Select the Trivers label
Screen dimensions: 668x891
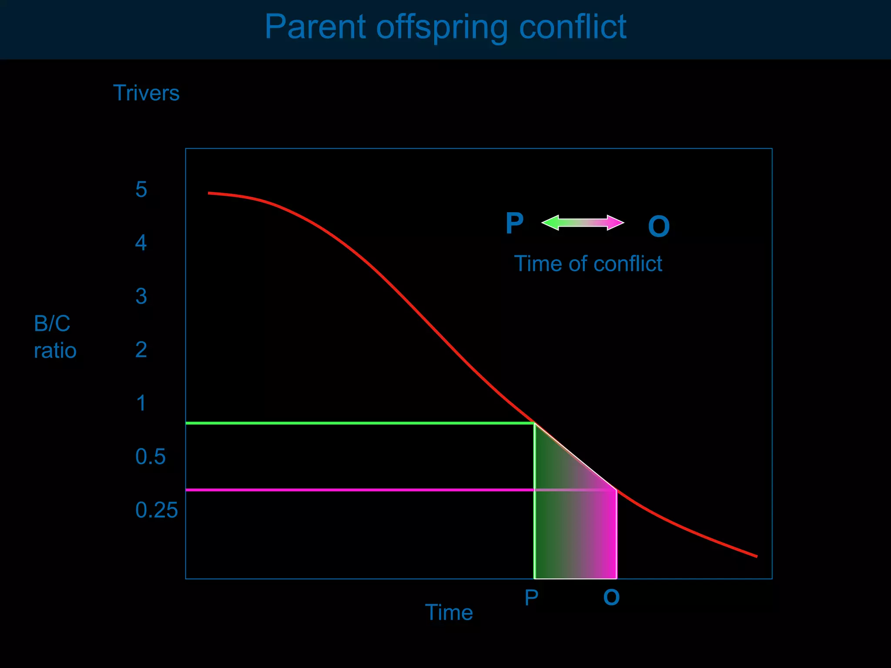coord(146,93)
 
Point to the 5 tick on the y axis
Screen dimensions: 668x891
coord(141,190)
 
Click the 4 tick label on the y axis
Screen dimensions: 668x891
coord(141,243)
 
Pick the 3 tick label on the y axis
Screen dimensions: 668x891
coord(141,297)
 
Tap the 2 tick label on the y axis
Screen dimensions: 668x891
coord(141,350)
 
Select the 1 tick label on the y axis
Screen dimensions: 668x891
coord(141,404)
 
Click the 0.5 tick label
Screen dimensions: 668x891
coord(151,457)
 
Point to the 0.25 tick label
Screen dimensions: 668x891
coord(157,510)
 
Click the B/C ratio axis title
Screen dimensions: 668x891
coord(55,337)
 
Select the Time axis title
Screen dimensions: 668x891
coord(449,612)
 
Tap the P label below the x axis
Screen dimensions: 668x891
coord(531,598)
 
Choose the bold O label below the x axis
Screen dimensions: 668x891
coord(611,598)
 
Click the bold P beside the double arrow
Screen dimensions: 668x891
coord(515,224)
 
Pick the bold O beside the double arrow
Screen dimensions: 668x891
coord(659,227)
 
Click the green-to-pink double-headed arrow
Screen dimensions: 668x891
coord(583,223)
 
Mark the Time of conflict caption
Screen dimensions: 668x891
coord(588,264)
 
